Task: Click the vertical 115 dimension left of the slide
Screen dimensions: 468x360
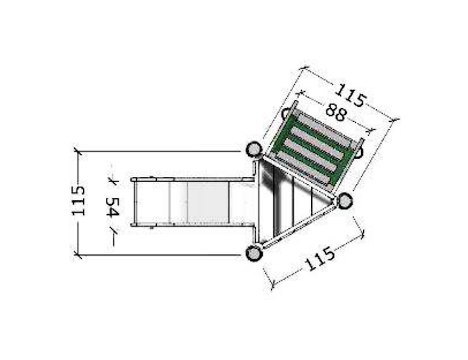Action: (x=78, y=201)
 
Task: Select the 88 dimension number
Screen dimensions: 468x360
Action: (x=336, y=112)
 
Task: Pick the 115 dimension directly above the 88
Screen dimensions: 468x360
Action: (x=350, y=95)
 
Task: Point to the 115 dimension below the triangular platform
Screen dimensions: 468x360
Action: (x=320, y=258)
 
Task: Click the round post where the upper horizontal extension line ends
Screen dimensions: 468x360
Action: (x=254, y=149)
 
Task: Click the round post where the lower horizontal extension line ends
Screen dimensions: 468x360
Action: (x=254, y=253)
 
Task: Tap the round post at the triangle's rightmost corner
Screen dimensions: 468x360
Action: (x=345, y=200)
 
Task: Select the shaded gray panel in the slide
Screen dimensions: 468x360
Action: (x=208, y=203)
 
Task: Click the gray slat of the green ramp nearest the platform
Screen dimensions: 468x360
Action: (x=303, y=168)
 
